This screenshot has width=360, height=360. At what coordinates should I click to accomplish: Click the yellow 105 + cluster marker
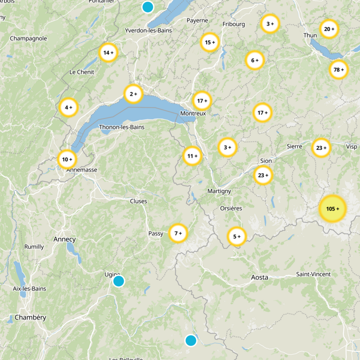pyautogui.click(x=333, y=209)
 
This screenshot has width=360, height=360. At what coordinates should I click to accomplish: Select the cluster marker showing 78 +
pyautogui.click(x=338, y=70)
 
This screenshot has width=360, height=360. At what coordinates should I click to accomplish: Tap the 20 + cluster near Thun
pyautogui.click(x=329, y=29)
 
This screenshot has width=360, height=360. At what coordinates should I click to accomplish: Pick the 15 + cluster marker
pyautogui.click(x=210, y=43)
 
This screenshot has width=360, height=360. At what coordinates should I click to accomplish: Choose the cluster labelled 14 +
pyautogui.click(x=108, y=53)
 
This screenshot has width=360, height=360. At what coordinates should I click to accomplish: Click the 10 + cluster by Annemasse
pyautogui.click(x=67, y=159)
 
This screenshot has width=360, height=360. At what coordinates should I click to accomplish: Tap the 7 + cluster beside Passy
pyautogui.click(x=178, y=233)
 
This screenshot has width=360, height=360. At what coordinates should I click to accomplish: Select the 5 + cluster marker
pyautogui.click(x=237, y=236)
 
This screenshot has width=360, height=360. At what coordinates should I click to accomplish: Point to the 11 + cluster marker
pyautogui.click(x=193, y=156)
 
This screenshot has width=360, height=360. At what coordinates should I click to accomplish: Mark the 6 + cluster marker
pyautogui.click(x=255, y=60)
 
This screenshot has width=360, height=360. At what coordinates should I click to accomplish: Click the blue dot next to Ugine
pyautogui.click(x=118, y=281)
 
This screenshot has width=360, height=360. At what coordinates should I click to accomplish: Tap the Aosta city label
pyautogui.click(x=259, y=278)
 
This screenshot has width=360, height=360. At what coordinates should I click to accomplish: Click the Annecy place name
pyautogui.click(x=64, y=239)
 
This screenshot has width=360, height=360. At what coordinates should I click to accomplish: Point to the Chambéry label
pyautogui.click(x=30, y=317)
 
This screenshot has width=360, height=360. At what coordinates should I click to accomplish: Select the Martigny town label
pyautogui.click(x=219, y=191)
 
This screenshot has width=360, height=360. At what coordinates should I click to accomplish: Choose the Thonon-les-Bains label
pyautogui.click(x=121, y=127)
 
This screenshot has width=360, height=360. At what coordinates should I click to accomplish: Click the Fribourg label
pyautogui.click(x=234, y=24)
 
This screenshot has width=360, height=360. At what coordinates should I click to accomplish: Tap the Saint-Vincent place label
pyautogui.click(x=313, y=274)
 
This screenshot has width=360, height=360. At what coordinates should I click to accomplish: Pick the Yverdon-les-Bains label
pyautogui.click(x=148, y=31)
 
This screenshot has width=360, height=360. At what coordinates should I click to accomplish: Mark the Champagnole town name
pyautogui.click(x=28, y=38)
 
